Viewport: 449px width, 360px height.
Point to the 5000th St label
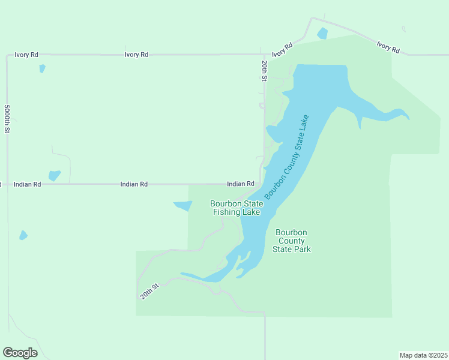click(7, 119)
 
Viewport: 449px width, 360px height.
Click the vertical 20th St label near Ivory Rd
click(264, 70)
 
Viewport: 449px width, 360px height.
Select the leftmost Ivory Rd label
click(26, 55)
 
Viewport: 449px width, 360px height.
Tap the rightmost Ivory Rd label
click(388, 47)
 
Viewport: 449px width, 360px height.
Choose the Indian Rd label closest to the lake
click(240, 184)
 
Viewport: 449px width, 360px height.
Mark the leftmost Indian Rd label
click(27, 185)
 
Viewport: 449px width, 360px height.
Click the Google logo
click(20, 353)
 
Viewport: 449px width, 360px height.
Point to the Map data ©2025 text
click(423, 355)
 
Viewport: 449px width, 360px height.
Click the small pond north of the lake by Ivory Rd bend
click(322, 34)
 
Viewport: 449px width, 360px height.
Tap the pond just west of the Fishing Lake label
click(183, 206)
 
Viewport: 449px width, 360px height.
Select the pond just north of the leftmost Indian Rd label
click(54, 176)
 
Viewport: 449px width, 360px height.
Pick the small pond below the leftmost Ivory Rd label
click(42, 68)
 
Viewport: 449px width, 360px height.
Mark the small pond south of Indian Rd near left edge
click(23, 235)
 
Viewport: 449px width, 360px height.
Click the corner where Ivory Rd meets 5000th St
click(8, 55)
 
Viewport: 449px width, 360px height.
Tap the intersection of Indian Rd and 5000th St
click(8, 184)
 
